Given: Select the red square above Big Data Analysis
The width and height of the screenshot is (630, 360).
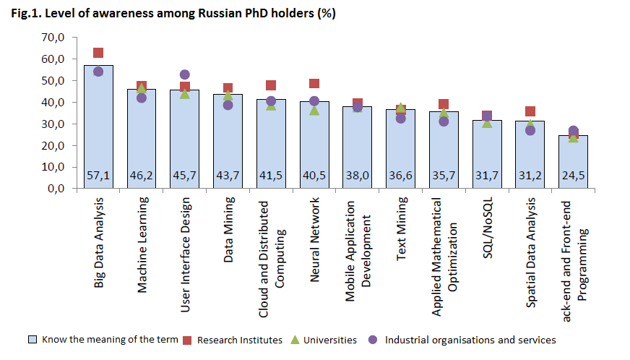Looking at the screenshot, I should point(98,53).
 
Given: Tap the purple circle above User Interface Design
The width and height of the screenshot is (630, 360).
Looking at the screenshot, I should point(184,74).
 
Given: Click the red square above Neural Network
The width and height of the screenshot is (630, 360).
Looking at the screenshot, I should point(314,84).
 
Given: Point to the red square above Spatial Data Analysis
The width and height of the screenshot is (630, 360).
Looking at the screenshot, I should point(530,111).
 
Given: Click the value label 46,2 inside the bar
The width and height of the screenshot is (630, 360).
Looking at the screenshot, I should point(142,176).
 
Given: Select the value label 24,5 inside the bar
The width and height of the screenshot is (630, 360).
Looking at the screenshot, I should point(573,176).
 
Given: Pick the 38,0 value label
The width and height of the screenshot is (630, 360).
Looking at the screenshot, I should point(358,176).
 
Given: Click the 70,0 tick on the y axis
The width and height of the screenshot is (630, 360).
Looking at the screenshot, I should point(53,37).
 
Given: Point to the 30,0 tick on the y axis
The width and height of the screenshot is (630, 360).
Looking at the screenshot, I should point(53,124).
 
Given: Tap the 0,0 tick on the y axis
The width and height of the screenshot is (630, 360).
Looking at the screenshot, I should point(56,189).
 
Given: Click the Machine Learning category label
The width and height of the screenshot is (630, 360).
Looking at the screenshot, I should point(142,244).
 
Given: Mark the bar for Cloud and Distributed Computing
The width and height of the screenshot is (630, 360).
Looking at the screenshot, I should point(271,144).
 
